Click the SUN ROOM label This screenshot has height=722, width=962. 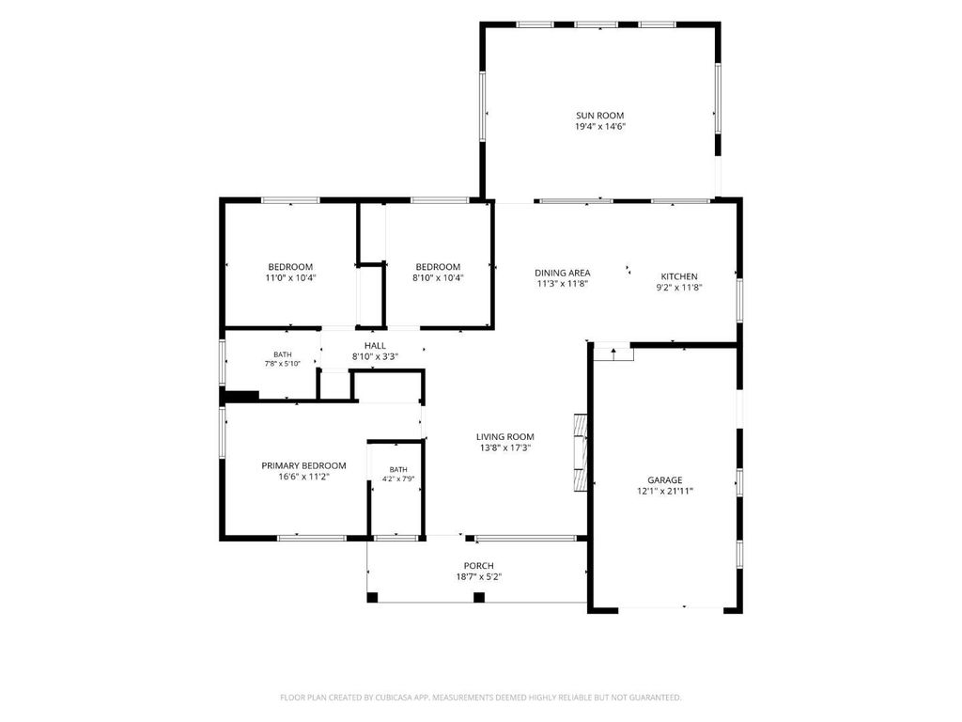[x=599, y=116]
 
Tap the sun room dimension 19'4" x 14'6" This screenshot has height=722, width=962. [x=599, y=127]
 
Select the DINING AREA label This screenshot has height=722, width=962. [x=562, y=273]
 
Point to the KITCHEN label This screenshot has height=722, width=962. [x=678, y=276]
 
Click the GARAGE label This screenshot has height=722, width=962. [x=664, y=480]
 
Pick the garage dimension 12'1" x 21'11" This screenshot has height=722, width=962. [x=664, y=491]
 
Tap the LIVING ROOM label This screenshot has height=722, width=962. [x=504, y=437]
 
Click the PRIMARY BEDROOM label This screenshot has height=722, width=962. [x=303, y=466]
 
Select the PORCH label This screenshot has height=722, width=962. [x=478, y=566]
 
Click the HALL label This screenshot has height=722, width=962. [x=375, y=346]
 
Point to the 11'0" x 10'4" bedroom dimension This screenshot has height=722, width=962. [x=290, y=278]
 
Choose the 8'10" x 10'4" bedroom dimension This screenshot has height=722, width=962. [x=438, y=278]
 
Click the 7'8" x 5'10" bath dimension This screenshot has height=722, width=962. [x=282, y=364]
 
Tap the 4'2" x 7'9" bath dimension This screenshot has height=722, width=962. [x=398, y=479]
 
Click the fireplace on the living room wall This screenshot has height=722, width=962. [x=581, y=452]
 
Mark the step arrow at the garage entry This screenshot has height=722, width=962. [x=613, y=353]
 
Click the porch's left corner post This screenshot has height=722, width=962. [x=372, y=597]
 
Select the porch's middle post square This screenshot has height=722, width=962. [x=479, y=597]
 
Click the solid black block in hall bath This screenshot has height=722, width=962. [x=241, y=397]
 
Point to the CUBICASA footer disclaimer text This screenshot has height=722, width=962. [x=480, y=698]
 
